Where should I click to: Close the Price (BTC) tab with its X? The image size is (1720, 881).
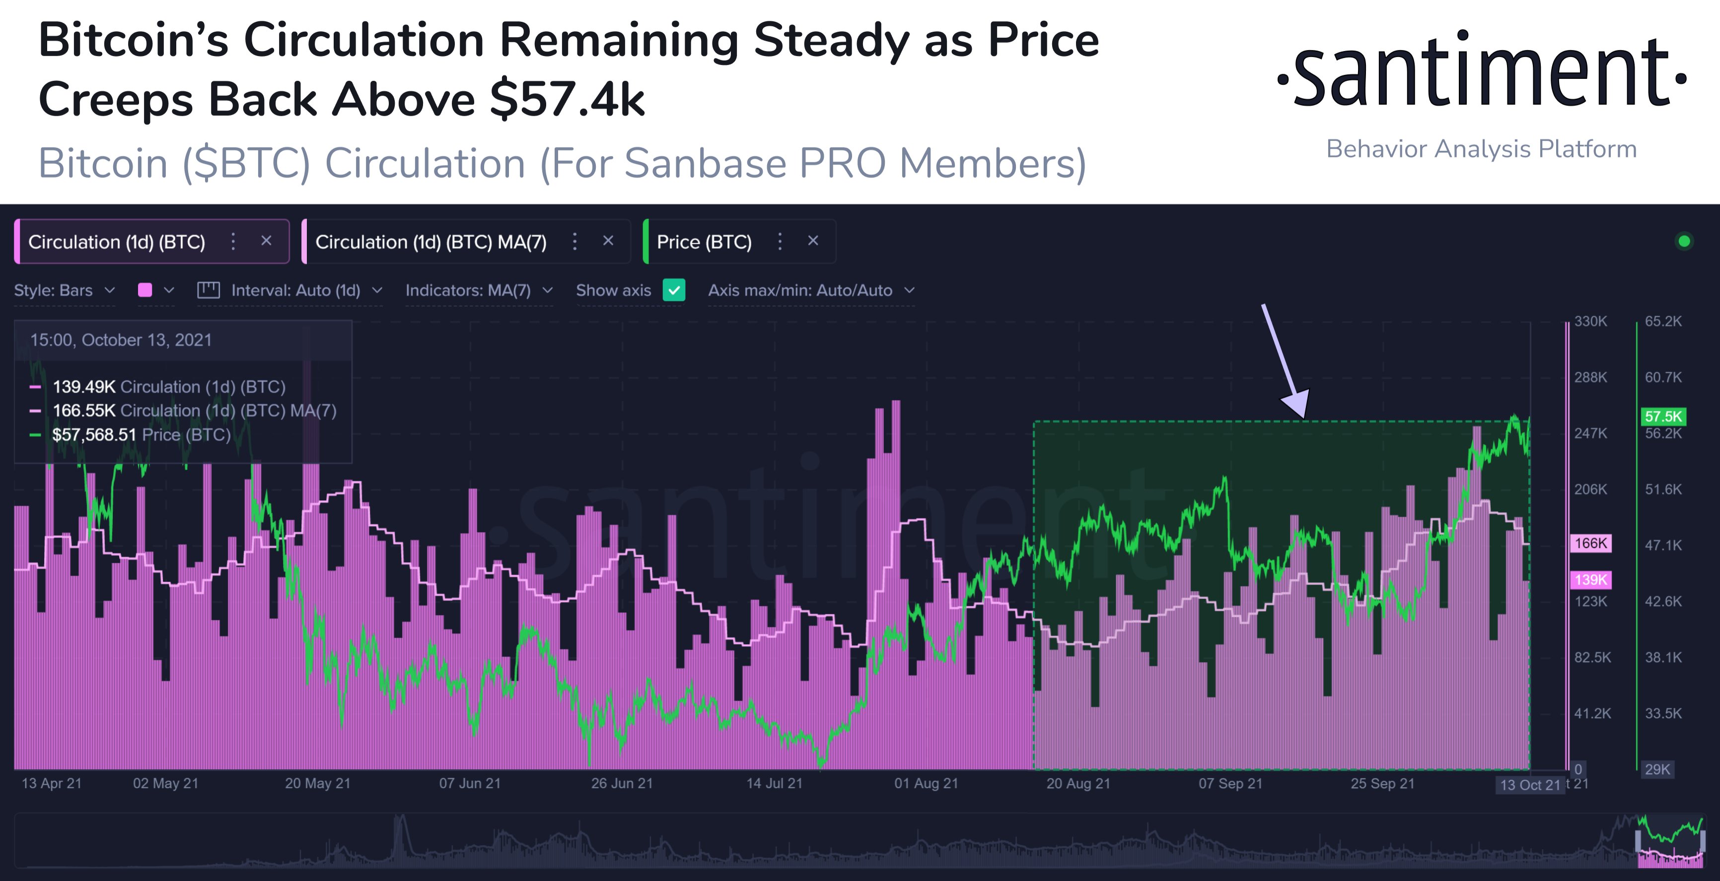tap(813, 241)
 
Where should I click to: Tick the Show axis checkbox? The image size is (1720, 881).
tap(674, 290)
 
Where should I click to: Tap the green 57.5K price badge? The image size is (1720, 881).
tap(1662, 416)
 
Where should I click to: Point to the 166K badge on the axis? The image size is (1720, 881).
tap(1590, 543)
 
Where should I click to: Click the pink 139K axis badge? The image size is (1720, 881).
tap(1590, 579)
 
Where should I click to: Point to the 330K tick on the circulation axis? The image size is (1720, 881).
tap(1590, 321)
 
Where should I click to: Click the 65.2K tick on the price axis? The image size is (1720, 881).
tap(1662, 321)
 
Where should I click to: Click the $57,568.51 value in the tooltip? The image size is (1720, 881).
tap(94, 435)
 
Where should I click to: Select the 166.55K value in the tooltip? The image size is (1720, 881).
tap(84, 410)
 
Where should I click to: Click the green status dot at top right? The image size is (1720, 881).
tap(1684, 241)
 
